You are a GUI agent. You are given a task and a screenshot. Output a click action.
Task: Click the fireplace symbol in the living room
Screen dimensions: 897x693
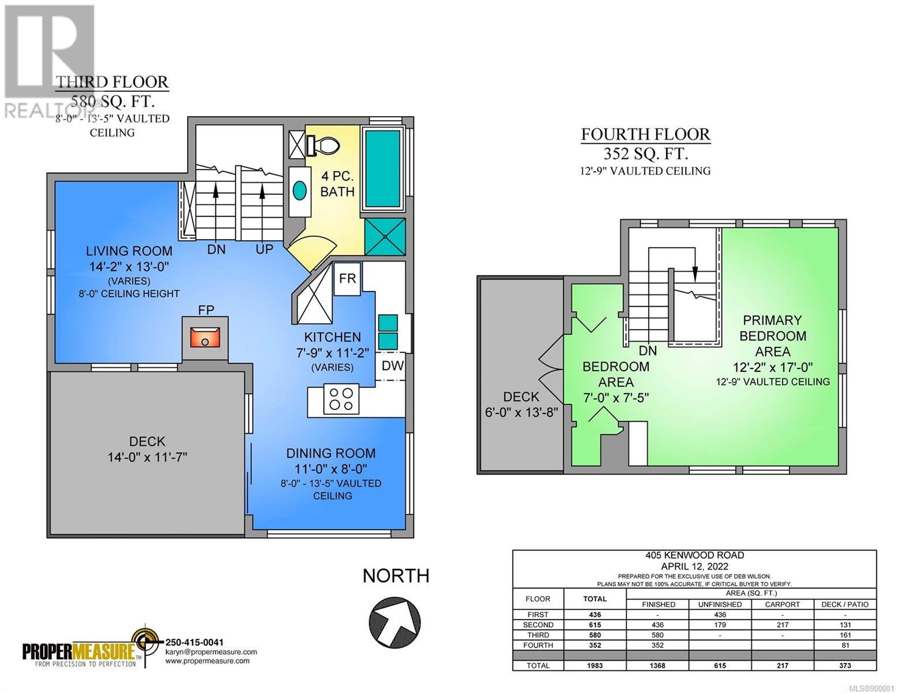204,337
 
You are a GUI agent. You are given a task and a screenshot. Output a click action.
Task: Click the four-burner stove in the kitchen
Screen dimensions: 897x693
341,398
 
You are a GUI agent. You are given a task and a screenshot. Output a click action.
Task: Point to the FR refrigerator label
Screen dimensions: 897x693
347,278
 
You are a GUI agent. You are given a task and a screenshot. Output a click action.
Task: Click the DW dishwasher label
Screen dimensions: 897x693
392,366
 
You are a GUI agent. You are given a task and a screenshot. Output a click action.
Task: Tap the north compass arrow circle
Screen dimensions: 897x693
394,621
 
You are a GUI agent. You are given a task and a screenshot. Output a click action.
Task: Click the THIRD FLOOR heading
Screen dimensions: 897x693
112,82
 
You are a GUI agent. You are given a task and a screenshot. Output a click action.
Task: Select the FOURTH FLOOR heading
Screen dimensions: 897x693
646,135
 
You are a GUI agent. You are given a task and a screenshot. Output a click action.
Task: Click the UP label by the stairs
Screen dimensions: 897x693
264,249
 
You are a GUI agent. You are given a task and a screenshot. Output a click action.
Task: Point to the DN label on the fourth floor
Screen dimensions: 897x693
647,351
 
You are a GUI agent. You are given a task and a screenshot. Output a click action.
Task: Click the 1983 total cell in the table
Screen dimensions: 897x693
595,665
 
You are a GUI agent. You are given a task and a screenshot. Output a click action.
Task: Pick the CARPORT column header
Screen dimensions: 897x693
782,604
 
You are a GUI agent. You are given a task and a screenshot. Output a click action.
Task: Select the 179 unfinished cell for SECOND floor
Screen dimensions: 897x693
720,625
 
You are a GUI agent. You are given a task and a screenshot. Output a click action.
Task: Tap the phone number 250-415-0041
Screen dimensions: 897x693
195,642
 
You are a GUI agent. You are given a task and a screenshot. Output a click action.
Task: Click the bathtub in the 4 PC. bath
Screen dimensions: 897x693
383,169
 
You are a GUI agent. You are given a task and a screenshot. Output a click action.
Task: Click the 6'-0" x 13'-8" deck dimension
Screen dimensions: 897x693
522,412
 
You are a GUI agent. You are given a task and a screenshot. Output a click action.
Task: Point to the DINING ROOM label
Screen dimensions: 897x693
331,453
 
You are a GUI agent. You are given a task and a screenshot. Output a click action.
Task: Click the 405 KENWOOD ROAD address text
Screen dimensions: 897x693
695,555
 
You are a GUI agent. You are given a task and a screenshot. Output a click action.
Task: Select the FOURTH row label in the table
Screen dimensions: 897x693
538,645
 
